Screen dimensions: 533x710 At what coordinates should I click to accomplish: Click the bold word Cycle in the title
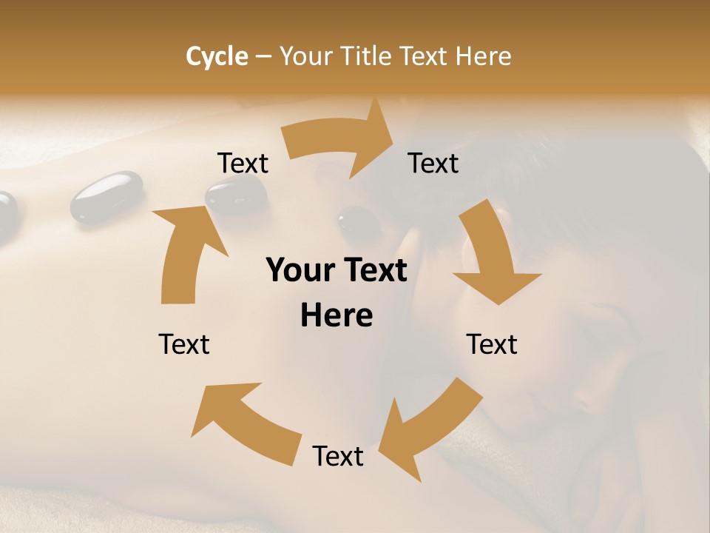tap(217, 56)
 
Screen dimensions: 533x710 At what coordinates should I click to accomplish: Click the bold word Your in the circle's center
tap(300, 271)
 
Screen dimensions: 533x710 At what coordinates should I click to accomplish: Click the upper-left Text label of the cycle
tap(243, 164)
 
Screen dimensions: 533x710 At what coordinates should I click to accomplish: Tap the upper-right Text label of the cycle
tap(433, 164)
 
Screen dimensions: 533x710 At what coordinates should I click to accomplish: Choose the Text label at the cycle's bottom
tap(338, 457)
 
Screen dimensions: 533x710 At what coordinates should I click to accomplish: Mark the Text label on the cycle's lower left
tap(184, 344)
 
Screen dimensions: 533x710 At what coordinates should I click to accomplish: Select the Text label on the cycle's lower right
tap(492, 344)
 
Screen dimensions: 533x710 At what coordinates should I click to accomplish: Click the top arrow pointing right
tap(340, 141)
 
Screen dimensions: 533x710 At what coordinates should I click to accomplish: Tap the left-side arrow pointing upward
tap(185, 252)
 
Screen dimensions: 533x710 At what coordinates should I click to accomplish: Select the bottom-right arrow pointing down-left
tap(418, 429)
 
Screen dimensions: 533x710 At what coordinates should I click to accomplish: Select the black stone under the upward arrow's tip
tap(236, 195)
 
